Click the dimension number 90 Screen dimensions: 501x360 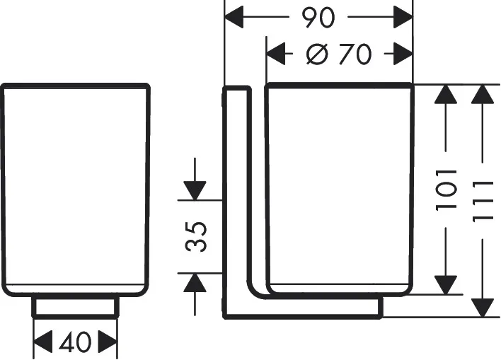point(318,18)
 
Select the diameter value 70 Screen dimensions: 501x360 point(355,54)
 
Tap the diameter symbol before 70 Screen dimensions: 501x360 point(317,54)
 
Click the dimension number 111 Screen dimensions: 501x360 point(483,202)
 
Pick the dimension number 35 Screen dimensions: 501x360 point(196,236)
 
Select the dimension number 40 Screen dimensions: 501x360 point(76,342)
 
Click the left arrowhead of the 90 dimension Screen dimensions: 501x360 point(234,17)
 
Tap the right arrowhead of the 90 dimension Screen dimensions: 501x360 point(403,17)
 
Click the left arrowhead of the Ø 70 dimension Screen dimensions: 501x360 point(276,54)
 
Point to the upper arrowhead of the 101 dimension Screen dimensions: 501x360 point(446,94)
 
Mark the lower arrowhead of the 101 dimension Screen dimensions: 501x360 point(446,285)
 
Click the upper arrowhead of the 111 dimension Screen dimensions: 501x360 point(483,94)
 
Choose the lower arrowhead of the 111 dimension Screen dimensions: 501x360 point(483,308)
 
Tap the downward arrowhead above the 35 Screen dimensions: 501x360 point(195,191)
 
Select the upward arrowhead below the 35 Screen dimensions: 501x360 point(195,283)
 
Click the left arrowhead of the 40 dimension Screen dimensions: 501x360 point(43,342)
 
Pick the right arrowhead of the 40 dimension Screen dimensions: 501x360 point(108,342)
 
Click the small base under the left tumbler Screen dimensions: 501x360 point(76,306)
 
